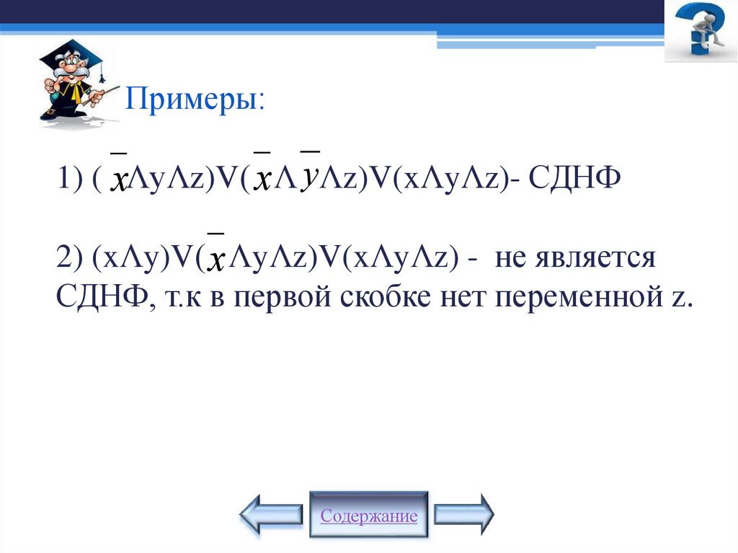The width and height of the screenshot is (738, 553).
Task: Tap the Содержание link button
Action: point(369,516)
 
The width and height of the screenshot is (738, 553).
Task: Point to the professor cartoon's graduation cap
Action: point(72,54)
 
